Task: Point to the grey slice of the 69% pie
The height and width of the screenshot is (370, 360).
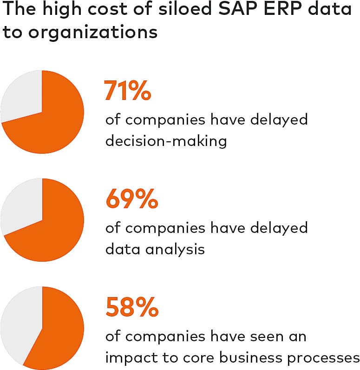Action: click(x=21, y=205)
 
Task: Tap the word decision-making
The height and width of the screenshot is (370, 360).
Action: click(x=166, y=140)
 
